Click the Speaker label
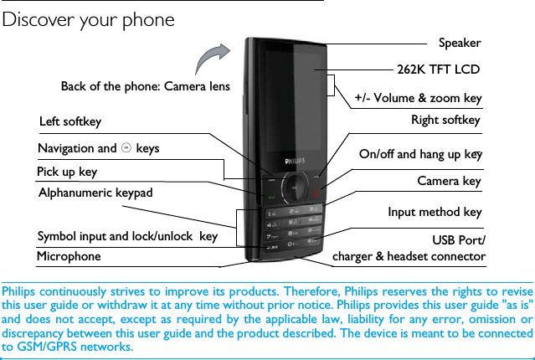click(x=460, y=42)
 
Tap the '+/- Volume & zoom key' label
click(x=418, y=98)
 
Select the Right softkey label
click(x=445, y=121)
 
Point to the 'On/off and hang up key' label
click(x=420, y=154)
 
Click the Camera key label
click(x=449, y=181)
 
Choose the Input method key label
click(x=435, y=212)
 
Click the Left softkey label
click(x=70, y=122)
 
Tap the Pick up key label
click(x=67, y=172)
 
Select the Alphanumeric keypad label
click(x=96, y=193)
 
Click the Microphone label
click(x=69, y=256)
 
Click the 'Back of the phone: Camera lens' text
click(x=145, y=86)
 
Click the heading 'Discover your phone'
click(x=89, y=19)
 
